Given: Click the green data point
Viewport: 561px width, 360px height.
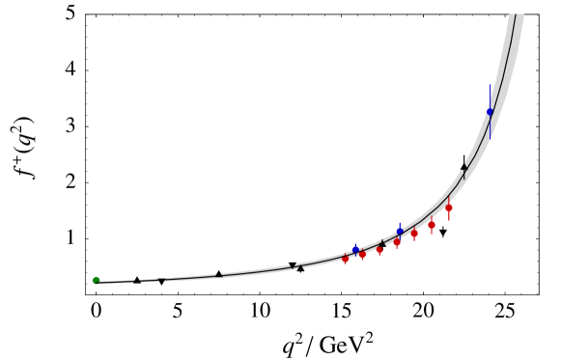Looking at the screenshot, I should pos(96,280).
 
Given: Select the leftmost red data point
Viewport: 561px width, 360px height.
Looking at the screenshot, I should pos(346,259).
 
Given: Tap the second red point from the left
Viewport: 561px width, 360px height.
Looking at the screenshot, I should pos(362,255).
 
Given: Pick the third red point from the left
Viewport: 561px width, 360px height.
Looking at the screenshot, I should pos(379,250).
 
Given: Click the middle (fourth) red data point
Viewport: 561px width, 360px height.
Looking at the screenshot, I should pos(397,242).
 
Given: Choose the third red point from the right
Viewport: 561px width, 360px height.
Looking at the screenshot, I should pos(414,233).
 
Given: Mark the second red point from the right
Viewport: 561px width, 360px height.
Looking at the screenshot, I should pos(432,225).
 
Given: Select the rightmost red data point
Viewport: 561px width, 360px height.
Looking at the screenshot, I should pos(449,208).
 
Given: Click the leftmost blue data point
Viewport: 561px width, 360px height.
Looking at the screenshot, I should pos(355,249).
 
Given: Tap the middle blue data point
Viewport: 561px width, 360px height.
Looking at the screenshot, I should pos(400,232).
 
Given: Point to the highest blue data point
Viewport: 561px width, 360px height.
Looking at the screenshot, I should pos(490,112).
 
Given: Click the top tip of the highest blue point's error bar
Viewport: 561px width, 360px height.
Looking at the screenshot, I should pos(490,85).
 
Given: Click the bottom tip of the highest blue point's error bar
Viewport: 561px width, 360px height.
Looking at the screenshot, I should pos(490,139).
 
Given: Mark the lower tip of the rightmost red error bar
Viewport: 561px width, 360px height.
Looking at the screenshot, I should pos(449,222).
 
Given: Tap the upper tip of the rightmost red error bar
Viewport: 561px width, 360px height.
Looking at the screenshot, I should pos(449,194).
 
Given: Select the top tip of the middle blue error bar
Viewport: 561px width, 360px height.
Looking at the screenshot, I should pos(400,222).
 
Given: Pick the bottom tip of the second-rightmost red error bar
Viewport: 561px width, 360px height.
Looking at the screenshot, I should pos(432,235).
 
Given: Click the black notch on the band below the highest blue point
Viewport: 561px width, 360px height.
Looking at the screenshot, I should pos(464,172).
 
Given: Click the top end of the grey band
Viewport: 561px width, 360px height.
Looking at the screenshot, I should pos(517,14).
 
